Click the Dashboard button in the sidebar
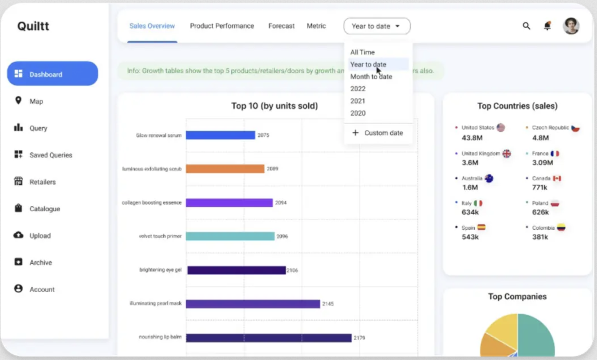[x=52, y=74]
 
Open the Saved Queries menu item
[x=43, y=155]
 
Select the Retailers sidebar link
[x=35, y=182]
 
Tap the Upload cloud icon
[x=18, y=235]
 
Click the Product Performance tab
[x=222, y=26]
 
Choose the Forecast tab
[x=281, y=26]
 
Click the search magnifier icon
[x=526, y=26]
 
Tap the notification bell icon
[x=547, y=26]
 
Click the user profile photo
[x=571, y=26]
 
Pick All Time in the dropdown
[x=362, y=52]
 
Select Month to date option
[x=371, y=76]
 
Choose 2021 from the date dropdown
[x=358, y=101]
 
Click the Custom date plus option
[x=378, y=133]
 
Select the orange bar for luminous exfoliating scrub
[x=225, y=169]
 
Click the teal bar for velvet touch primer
[x=230, y=236]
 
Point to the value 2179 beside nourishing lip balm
[x=359, y=338]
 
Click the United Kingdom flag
[x=507, y=153]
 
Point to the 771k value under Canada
[x=539, y=187]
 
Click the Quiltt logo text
[x=33, y=26]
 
